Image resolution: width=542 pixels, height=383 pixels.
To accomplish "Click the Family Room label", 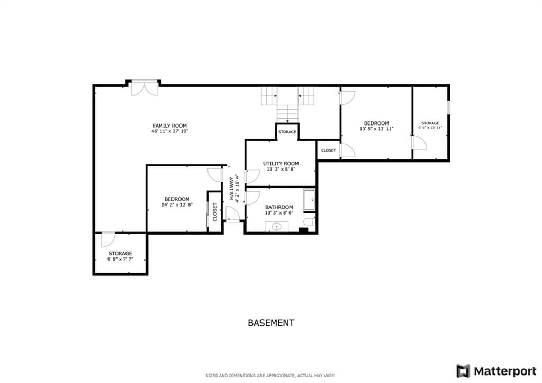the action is [x=170, y=126].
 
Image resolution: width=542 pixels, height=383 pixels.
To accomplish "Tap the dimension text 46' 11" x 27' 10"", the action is [x=170, y=131].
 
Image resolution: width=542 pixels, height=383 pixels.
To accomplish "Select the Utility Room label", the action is [x=281, y=163].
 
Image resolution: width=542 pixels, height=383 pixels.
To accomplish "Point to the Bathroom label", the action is [x=279, y=207].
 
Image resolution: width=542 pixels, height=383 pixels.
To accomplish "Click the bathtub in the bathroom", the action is [x=309, y=200].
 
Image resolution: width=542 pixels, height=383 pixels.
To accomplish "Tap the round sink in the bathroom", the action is [x=276, y=227].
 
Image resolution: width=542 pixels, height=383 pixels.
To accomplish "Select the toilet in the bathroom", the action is [x=310, y=221].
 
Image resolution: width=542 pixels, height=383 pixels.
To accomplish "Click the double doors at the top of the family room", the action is [x=144, y=88].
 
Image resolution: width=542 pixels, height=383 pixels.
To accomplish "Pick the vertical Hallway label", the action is [x=231, y=188].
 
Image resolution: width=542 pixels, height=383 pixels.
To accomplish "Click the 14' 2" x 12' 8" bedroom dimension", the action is [x=177, y=205].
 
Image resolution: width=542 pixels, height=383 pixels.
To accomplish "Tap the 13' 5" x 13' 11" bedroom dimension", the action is [x=376, y=129].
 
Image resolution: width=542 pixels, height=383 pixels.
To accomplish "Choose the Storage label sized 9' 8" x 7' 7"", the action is [x=120, y=254].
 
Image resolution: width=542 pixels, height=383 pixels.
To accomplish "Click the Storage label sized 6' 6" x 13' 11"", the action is [x=430, y=123].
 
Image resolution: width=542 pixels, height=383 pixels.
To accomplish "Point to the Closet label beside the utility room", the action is [x=328, y=150].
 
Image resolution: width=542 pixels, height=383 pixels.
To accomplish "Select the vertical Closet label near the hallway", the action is [x=215, y=212].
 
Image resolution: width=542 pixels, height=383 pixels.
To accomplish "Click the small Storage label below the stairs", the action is [x=287, y=132].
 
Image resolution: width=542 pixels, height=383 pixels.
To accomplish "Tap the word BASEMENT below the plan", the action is [x=271, y=323].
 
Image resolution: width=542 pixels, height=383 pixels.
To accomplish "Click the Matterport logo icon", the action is [x=463, y=371].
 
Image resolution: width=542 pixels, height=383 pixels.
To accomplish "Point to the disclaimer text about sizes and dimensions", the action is [x=270, y=376].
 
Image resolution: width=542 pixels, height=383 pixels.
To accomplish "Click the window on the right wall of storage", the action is [x=448, y=108].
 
